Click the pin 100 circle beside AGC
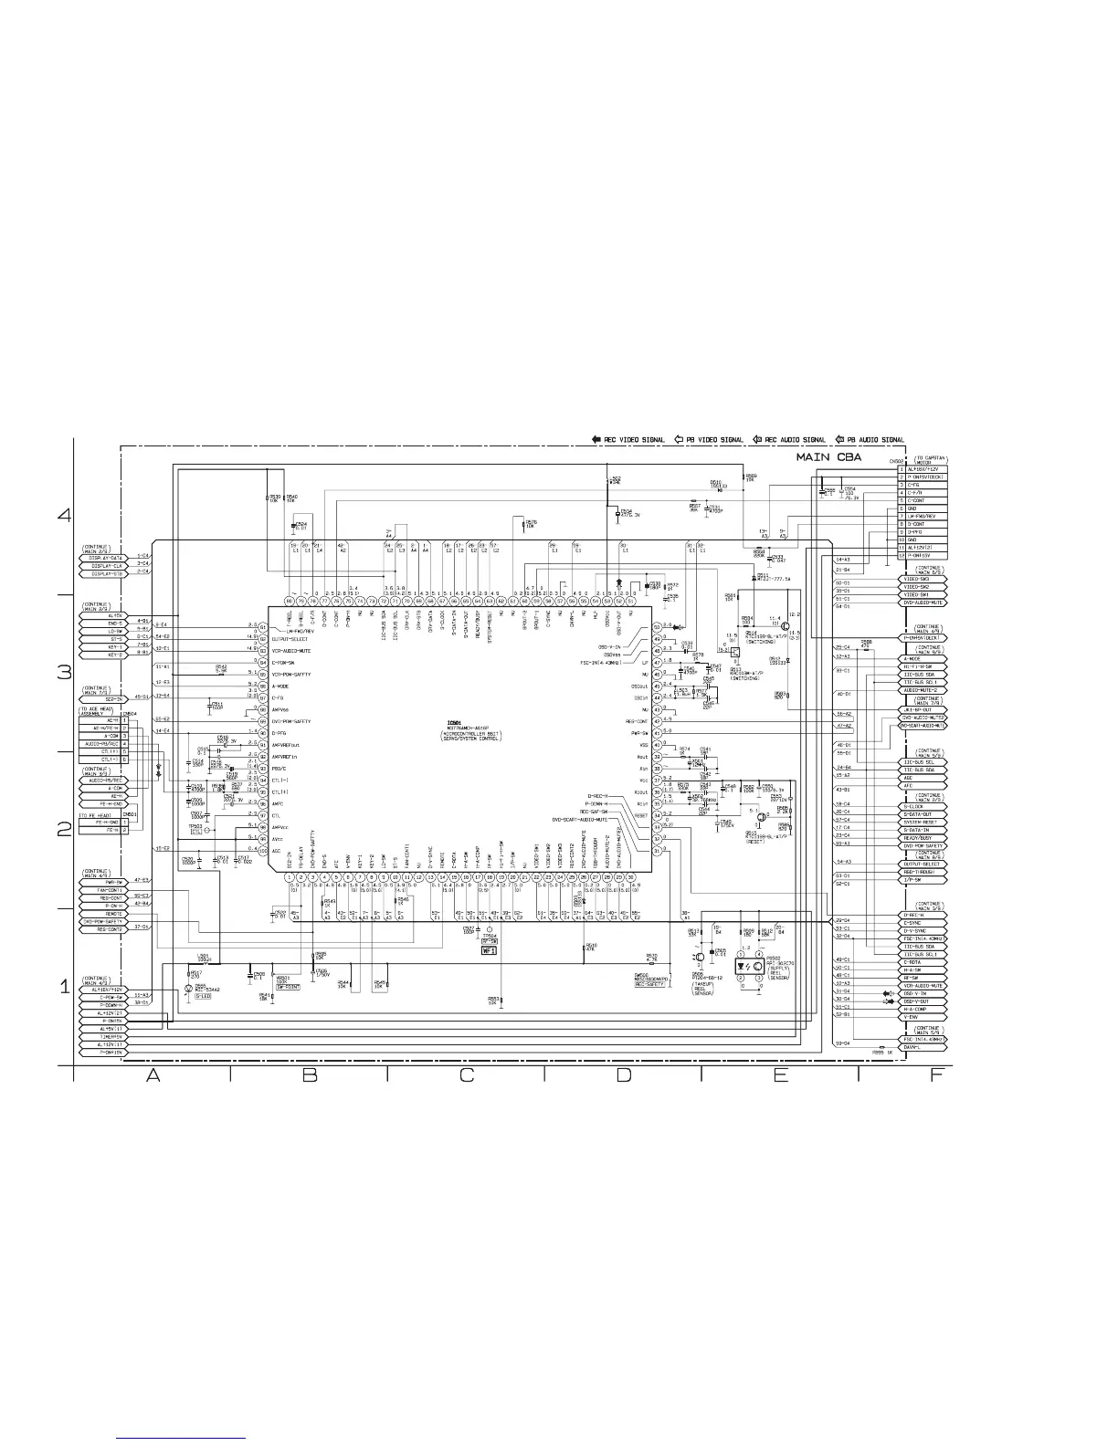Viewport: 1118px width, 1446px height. point(262,851)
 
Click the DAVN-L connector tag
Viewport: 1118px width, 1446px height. point(924,1047)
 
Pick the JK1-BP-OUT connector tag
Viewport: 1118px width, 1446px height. point(924,709)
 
